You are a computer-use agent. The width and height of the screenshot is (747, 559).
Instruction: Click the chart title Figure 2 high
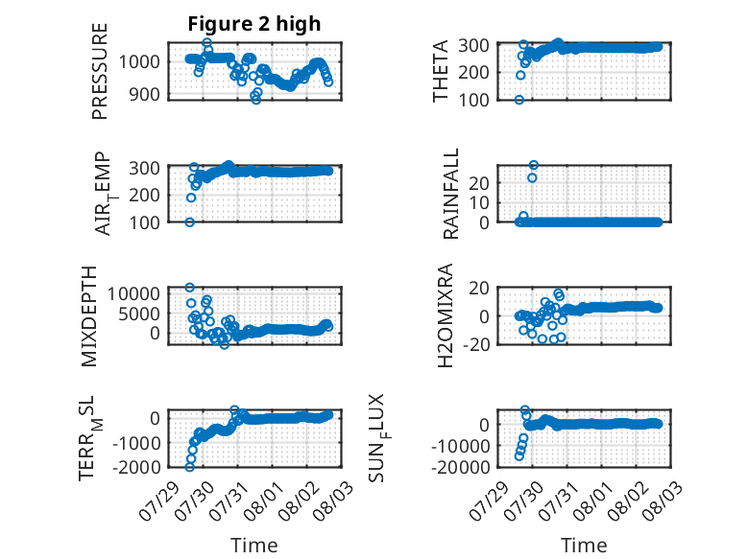tap(253, 24)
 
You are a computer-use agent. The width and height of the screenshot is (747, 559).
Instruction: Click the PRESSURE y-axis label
tap(100, 71)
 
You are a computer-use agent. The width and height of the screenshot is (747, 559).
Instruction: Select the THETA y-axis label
tap(441, 71)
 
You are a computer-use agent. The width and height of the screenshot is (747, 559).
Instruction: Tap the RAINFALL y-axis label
tap(450, 193)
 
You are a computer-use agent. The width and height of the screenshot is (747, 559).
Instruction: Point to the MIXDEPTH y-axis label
tap(89, 315)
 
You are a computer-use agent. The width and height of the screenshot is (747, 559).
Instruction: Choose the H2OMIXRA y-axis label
tap(445, 315)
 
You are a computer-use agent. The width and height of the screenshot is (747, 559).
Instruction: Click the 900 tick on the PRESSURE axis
tap(145, 94)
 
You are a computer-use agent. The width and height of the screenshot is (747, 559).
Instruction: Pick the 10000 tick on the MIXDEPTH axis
tap(133, 293)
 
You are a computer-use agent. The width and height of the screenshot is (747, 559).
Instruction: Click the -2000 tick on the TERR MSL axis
tap(136, 467)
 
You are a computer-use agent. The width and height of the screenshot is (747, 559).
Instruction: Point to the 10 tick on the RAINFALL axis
tap(479, 202)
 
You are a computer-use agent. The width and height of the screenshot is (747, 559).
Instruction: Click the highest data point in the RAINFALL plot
tap(534, 165)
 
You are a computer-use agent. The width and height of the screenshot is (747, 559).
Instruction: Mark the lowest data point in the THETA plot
tap(519, 100)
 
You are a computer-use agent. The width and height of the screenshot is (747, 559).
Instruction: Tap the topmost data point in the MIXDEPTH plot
tap(189, 288)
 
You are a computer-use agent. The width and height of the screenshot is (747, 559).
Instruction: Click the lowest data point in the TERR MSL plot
tap(189, 467)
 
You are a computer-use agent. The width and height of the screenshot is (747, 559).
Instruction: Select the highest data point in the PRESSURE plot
tap(206, 43)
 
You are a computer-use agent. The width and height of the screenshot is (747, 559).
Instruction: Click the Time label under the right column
tap(584, 546)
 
